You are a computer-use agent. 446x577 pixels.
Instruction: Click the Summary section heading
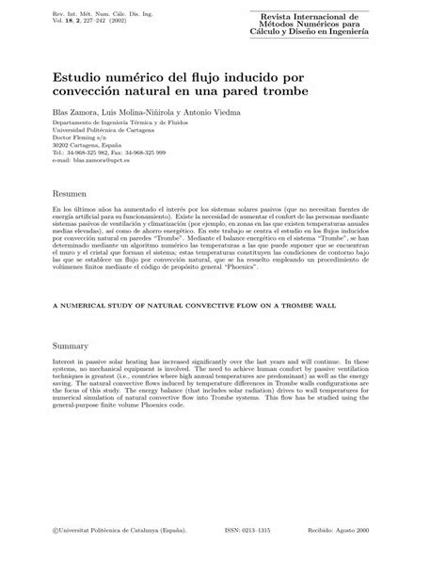point(73,345)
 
